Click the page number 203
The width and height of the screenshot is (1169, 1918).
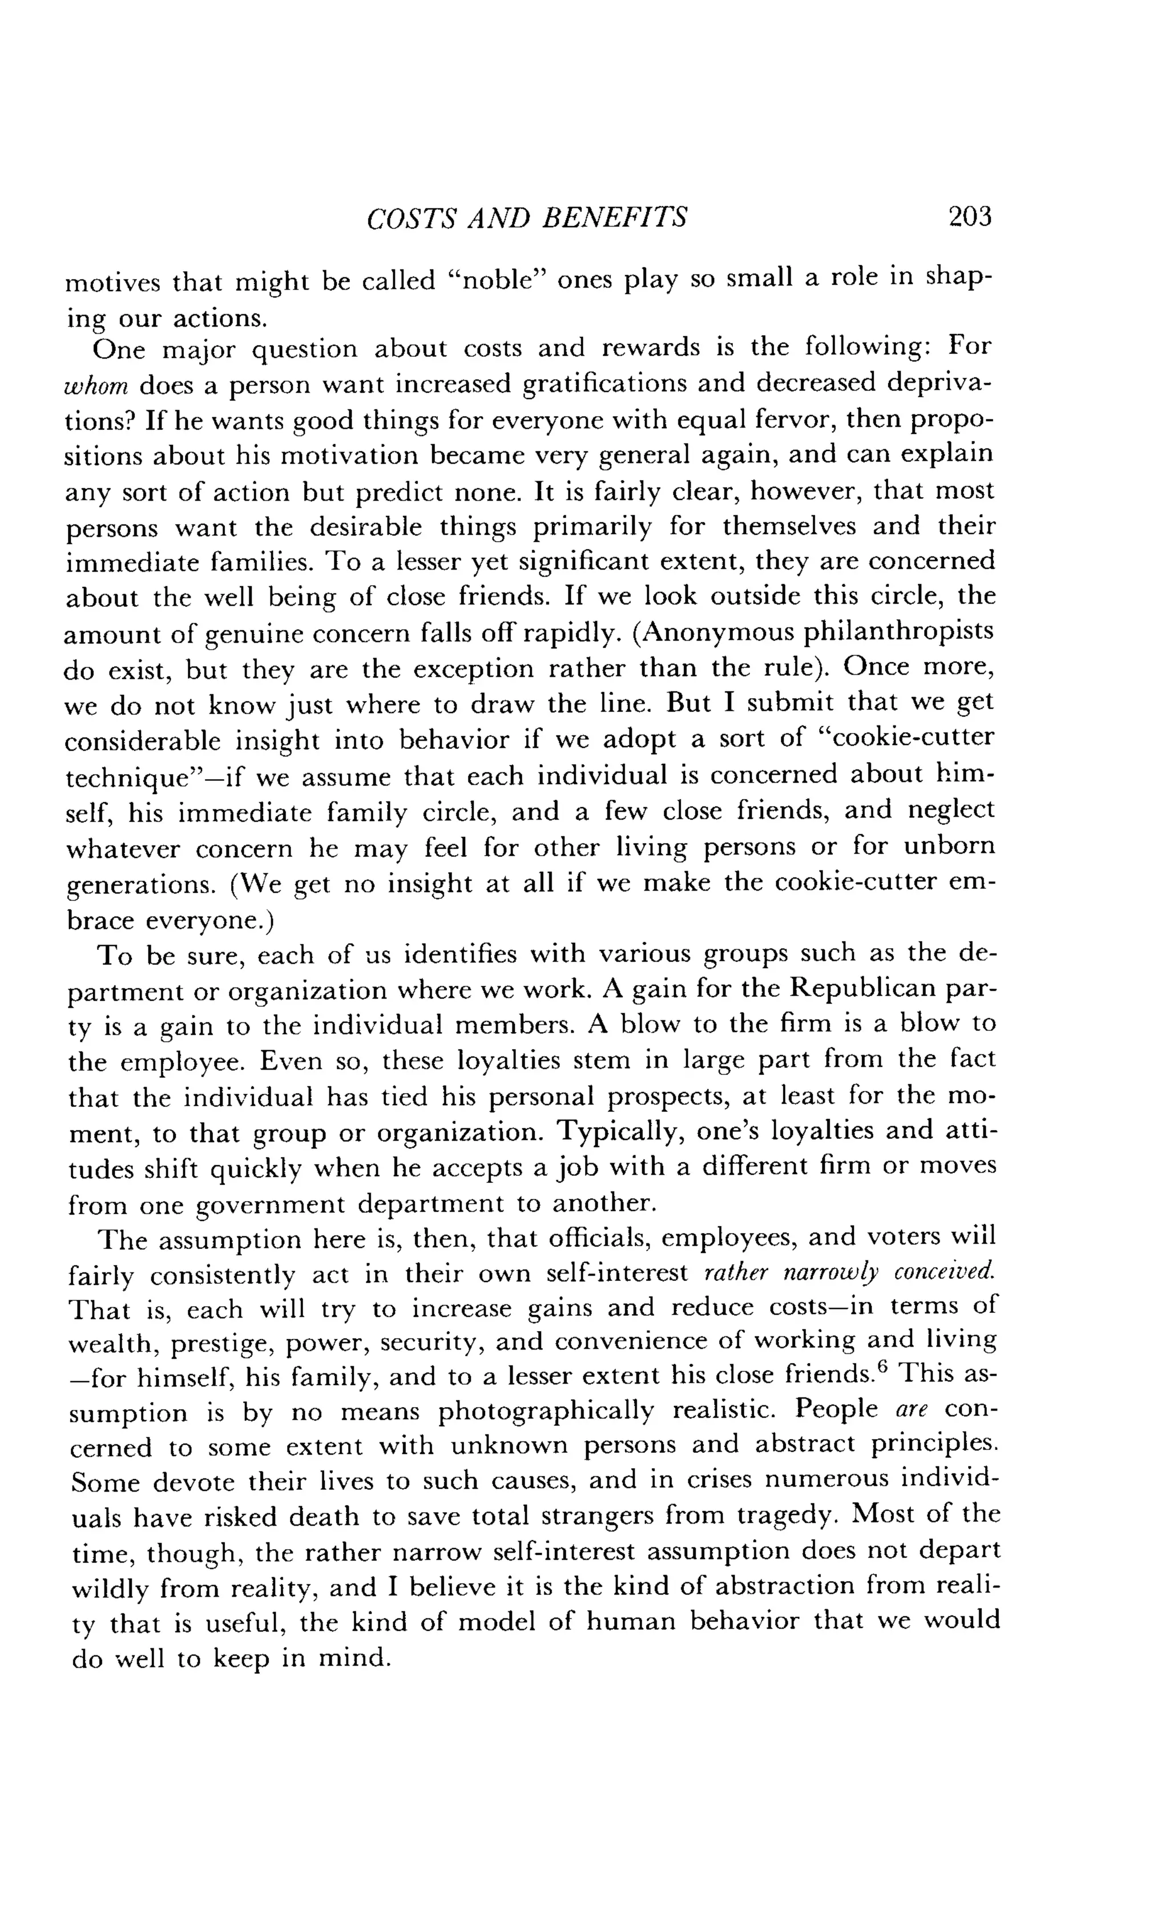(x=970, y=216)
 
